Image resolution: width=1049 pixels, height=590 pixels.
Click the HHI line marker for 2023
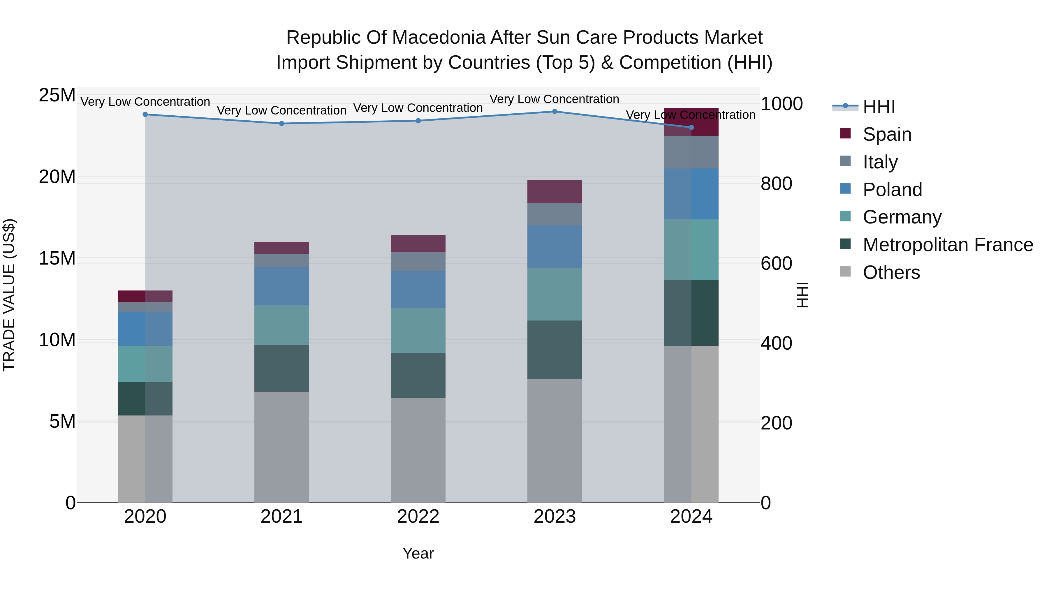click(555, 111)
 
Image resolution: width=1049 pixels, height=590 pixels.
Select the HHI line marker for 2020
click(145, 115)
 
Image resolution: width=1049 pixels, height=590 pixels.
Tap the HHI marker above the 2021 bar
click(282, 123)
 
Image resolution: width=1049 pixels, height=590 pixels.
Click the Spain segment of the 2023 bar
click(555, 191)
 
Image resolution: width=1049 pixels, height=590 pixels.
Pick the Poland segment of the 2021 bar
click(282, 286)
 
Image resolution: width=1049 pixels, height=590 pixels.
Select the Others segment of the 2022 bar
click(418, 450)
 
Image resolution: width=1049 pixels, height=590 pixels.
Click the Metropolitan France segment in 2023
click(555, 350)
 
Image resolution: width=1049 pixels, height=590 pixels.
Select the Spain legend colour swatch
click(845, 133)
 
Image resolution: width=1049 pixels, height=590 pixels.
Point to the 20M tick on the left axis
click(57, 177)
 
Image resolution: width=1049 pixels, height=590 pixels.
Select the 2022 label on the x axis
click(418, 517)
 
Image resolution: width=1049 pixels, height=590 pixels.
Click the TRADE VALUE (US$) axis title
click(9, 295)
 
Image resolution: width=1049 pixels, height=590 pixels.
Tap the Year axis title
click(418, 553)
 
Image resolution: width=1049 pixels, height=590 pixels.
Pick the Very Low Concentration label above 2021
click(282, 110)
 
